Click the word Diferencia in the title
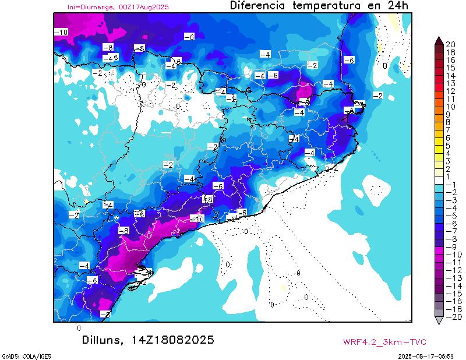257,6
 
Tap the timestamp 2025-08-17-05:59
430,355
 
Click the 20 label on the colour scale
450,44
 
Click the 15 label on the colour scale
450,68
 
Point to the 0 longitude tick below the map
79,328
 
